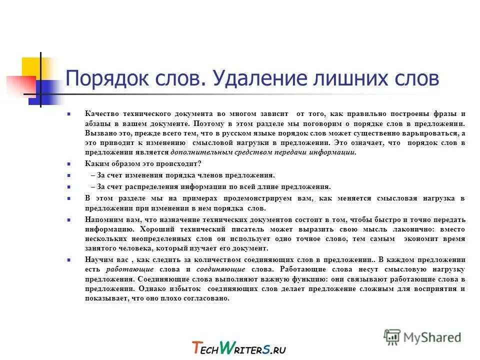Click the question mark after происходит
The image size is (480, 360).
(x=199, y=163)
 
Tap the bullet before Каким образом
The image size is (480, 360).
(x=68, y=163)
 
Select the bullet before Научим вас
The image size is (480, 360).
(x=68, y=260)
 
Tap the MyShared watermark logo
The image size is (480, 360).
(x=422, y=336)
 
